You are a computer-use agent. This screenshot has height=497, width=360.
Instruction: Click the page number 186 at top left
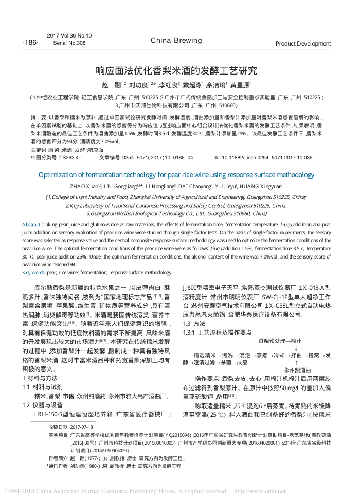30,42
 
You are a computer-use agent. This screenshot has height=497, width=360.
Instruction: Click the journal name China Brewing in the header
176,40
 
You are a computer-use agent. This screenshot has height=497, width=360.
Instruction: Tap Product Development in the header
303,44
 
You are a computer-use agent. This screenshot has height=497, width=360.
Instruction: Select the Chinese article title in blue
176,70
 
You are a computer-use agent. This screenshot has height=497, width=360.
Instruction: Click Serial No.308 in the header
69,43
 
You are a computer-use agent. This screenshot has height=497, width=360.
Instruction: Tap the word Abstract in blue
31,225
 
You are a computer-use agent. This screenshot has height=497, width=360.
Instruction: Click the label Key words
33,272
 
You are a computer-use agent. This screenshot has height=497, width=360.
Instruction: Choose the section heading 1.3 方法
194,323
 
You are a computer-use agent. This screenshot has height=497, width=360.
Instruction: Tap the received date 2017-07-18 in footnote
81,427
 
